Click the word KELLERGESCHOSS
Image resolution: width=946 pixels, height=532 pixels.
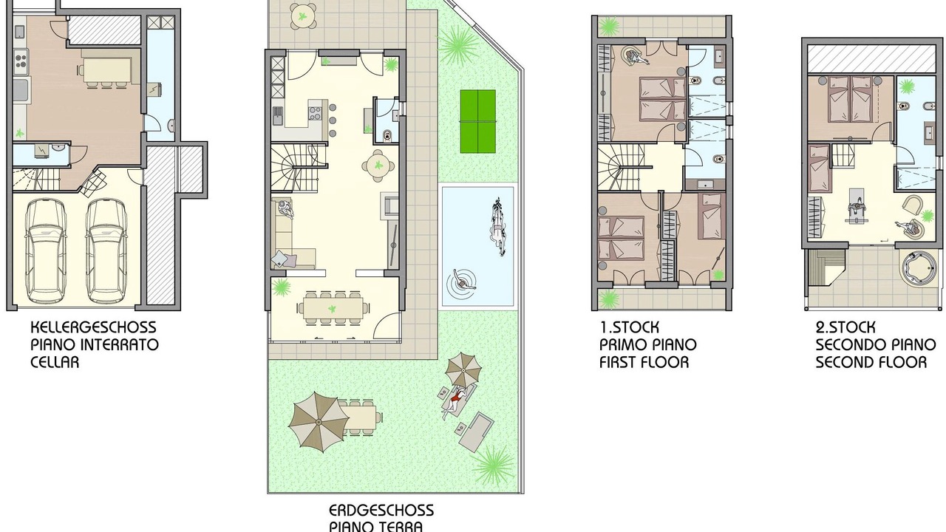click(x=93, y=327)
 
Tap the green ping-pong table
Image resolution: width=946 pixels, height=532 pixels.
click(x=477, y=121)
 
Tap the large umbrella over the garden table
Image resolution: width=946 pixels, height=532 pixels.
click(x=319, y=422)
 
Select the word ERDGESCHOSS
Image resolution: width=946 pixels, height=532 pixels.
click(x=381, y=511)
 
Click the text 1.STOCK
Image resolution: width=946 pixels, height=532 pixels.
click(x=629, y=327)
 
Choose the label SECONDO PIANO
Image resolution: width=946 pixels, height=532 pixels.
click(x=876, y=345)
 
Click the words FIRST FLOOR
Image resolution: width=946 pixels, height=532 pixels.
click(x=644, y=362)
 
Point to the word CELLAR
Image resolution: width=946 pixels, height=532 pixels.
click(x=55, y=362)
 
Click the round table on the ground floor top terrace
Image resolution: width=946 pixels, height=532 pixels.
click(x=302, y=16)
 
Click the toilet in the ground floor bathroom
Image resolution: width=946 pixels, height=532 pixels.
click(x=387, y=135)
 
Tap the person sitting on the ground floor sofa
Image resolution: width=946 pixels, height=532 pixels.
click(x=286, y=209)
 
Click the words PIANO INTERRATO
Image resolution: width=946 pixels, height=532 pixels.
click(x=95, y=345)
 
